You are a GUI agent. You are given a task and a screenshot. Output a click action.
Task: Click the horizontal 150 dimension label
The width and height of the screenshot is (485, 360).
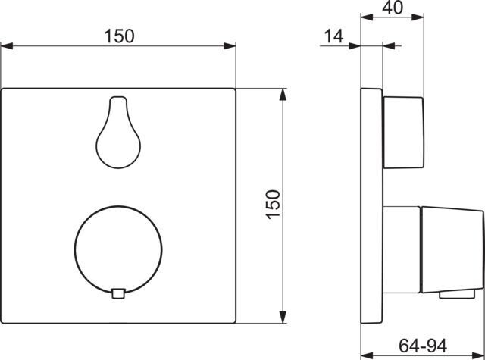[x=120, y=36]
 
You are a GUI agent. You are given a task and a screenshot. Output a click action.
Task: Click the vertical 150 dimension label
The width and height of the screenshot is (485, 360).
[x=274, y=205]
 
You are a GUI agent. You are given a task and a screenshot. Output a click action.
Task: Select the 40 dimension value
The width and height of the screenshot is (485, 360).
[x=393, y=8]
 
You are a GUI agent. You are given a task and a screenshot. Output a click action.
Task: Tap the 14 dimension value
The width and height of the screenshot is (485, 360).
[x=333, y=36]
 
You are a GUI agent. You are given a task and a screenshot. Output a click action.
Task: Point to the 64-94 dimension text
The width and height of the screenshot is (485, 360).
[x=423, y=346]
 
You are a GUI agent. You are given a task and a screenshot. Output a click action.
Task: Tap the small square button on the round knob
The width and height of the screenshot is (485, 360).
[x=118, y=293]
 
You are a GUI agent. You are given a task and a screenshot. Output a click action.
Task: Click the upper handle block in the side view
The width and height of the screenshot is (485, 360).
[x=404, y=133]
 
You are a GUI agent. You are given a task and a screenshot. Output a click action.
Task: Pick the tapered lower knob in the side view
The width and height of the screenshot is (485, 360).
[x=452, y=249]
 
